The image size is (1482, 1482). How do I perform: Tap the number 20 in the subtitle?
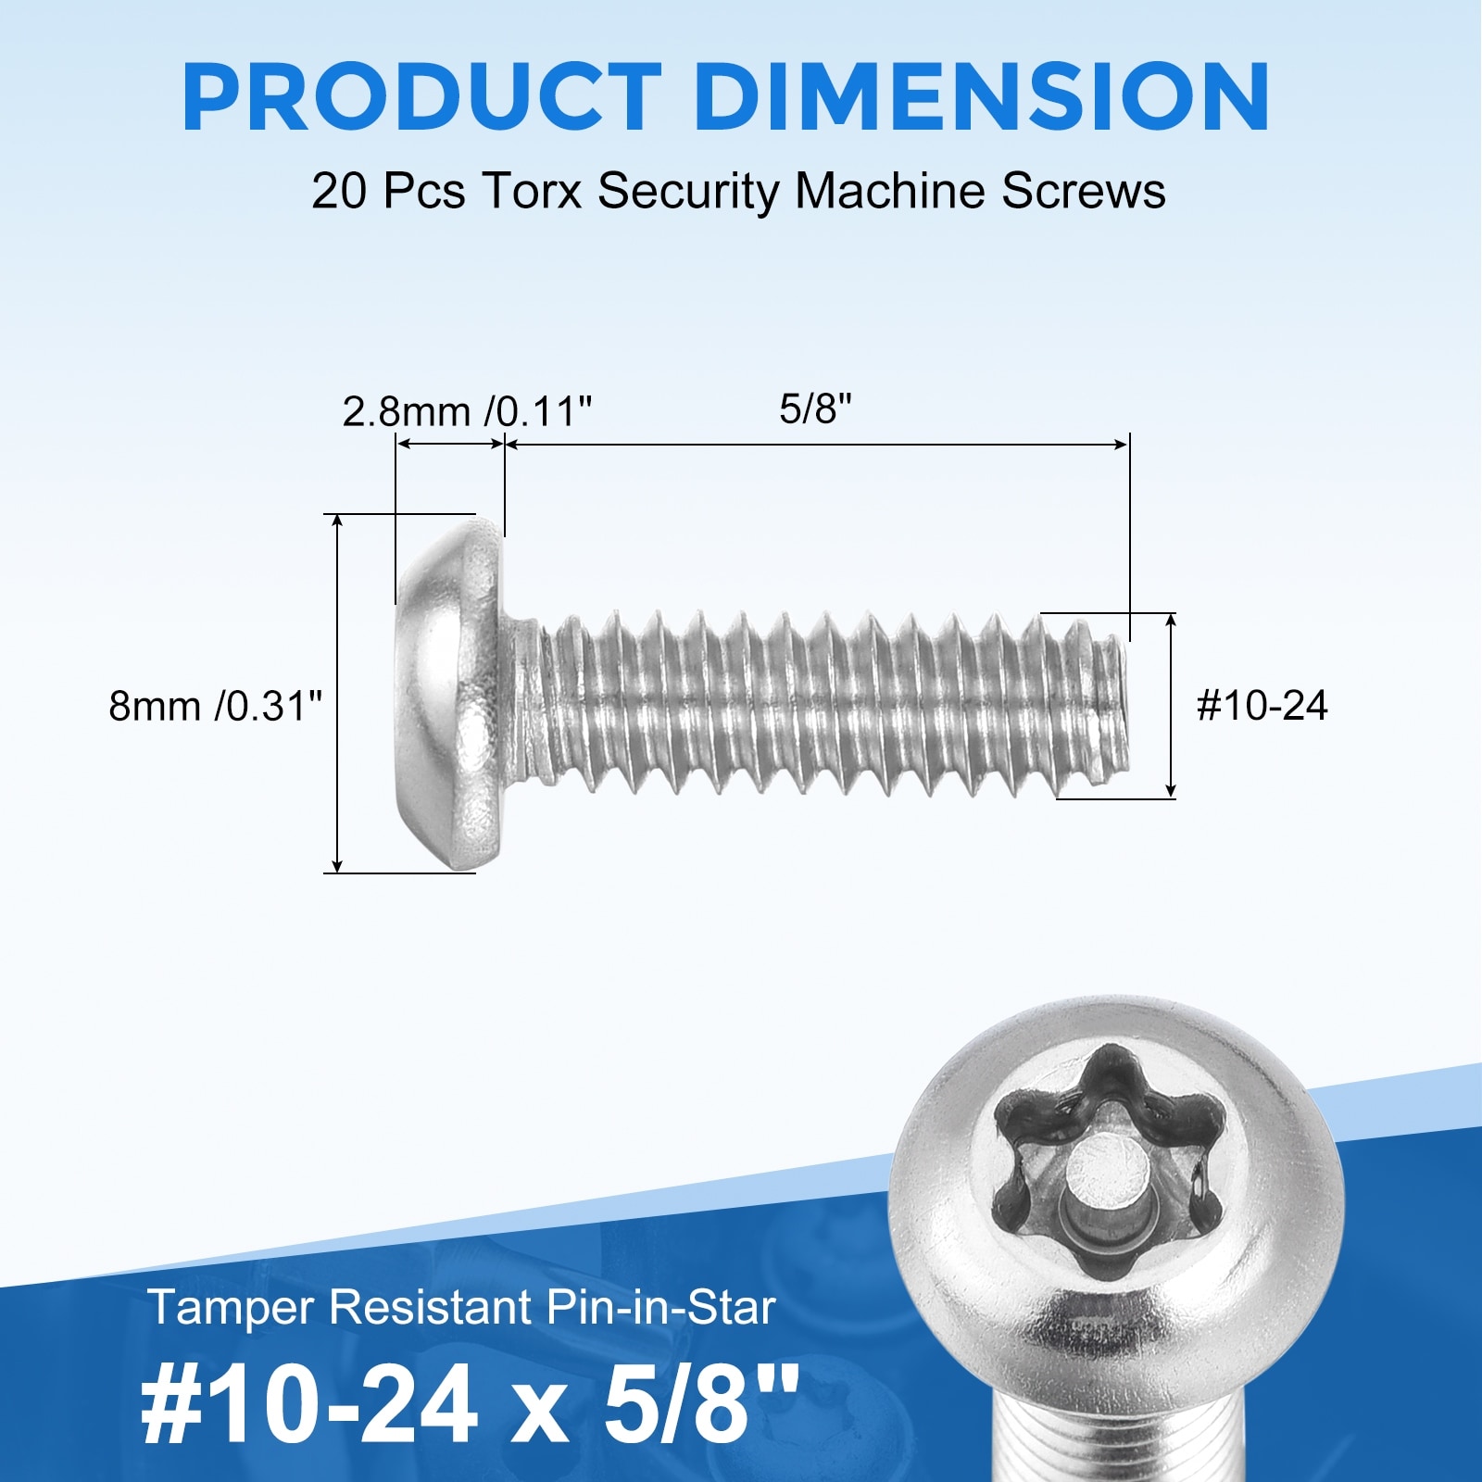click(341, 192)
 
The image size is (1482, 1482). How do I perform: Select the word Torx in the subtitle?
click(532, 192)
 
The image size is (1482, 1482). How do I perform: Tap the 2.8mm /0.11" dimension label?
click(467, 411)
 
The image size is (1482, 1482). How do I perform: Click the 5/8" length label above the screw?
click(815, 408)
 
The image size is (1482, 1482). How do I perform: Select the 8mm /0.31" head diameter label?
click(216, 706)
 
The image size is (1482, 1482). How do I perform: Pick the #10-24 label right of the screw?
click(1262, 706)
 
